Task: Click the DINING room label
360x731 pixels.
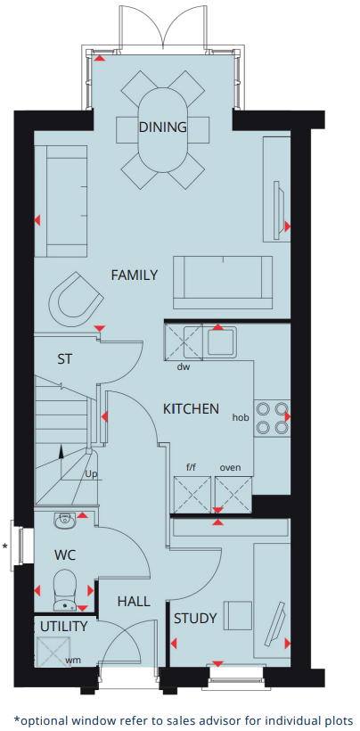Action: (x=162, y=127)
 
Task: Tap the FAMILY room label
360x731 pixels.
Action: (x=135, y=275)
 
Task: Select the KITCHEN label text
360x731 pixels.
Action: (x=191, y=409)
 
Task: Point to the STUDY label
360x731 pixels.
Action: (x=196, y=619)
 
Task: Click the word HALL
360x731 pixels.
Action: (x=135, y=602)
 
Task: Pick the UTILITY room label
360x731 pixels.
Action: (x=63, y=627)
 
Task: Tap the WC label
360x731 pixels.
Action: (x=65, y=555)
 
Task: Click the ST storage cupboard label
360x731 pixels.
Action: (x=65, y=359)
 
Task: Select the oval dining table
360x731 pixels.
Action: (x=163, y=130)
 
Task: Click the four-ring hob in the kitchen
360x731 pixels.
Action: (x=272, y=418)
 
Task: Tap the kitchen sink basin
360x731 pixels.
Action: (x=221, y=342)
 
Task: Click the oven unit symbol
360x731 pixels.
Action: (x=233, y=495)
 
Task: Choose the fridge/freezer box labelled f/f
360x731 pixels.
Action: (x=192, y=495)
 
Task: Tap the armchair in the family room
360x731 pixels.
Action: (x=75, y=299)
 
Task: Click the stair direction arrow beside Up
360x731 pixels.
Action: (x=61, y=463)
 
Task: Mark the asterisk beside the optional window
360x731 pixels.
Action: (x=5, y=546)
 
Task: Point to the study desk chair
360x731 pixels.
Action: (x=238, y=615)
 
